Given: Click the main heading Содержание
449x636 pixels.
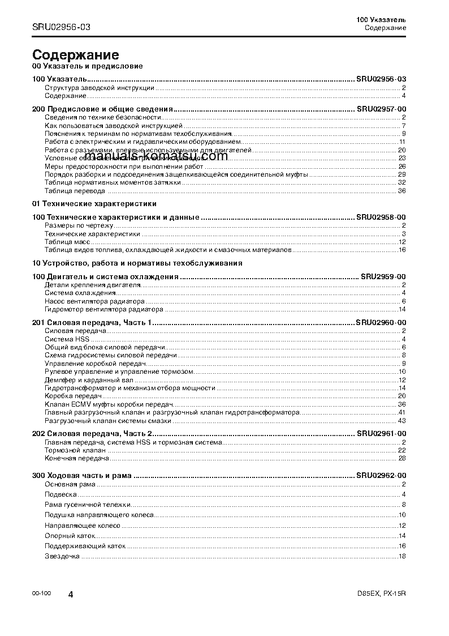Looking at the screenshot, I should [x=75, y=55].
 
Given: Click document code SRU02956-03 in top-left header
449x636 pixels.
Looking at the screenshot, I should [x=61, y=27].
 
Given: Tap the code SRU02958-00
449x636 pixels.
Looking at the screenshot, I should [x=381, y=217].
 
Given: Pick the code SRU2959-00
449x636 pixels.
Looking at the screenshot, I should [x=383, y=276].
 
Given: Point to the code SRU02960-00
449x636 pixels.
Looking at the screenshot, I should [x=381, y=322].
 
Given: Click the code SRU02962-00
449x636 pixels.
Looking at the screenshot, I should [x=381, y=476].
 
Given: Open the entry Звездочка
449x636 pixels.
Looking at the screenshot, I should [x=62, y=556].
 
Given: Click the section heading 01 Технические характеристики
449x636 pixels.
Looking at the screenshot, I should [x=94, y=203].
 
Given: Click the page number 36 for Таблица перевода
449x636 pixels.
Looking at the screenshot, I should [x=402, y=191].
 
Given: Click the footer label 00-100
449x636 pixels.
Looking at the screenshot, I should [x=42, y=593].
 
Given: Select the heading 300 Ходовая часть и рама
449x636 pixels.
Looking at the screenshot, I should [x=82, y=476].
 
